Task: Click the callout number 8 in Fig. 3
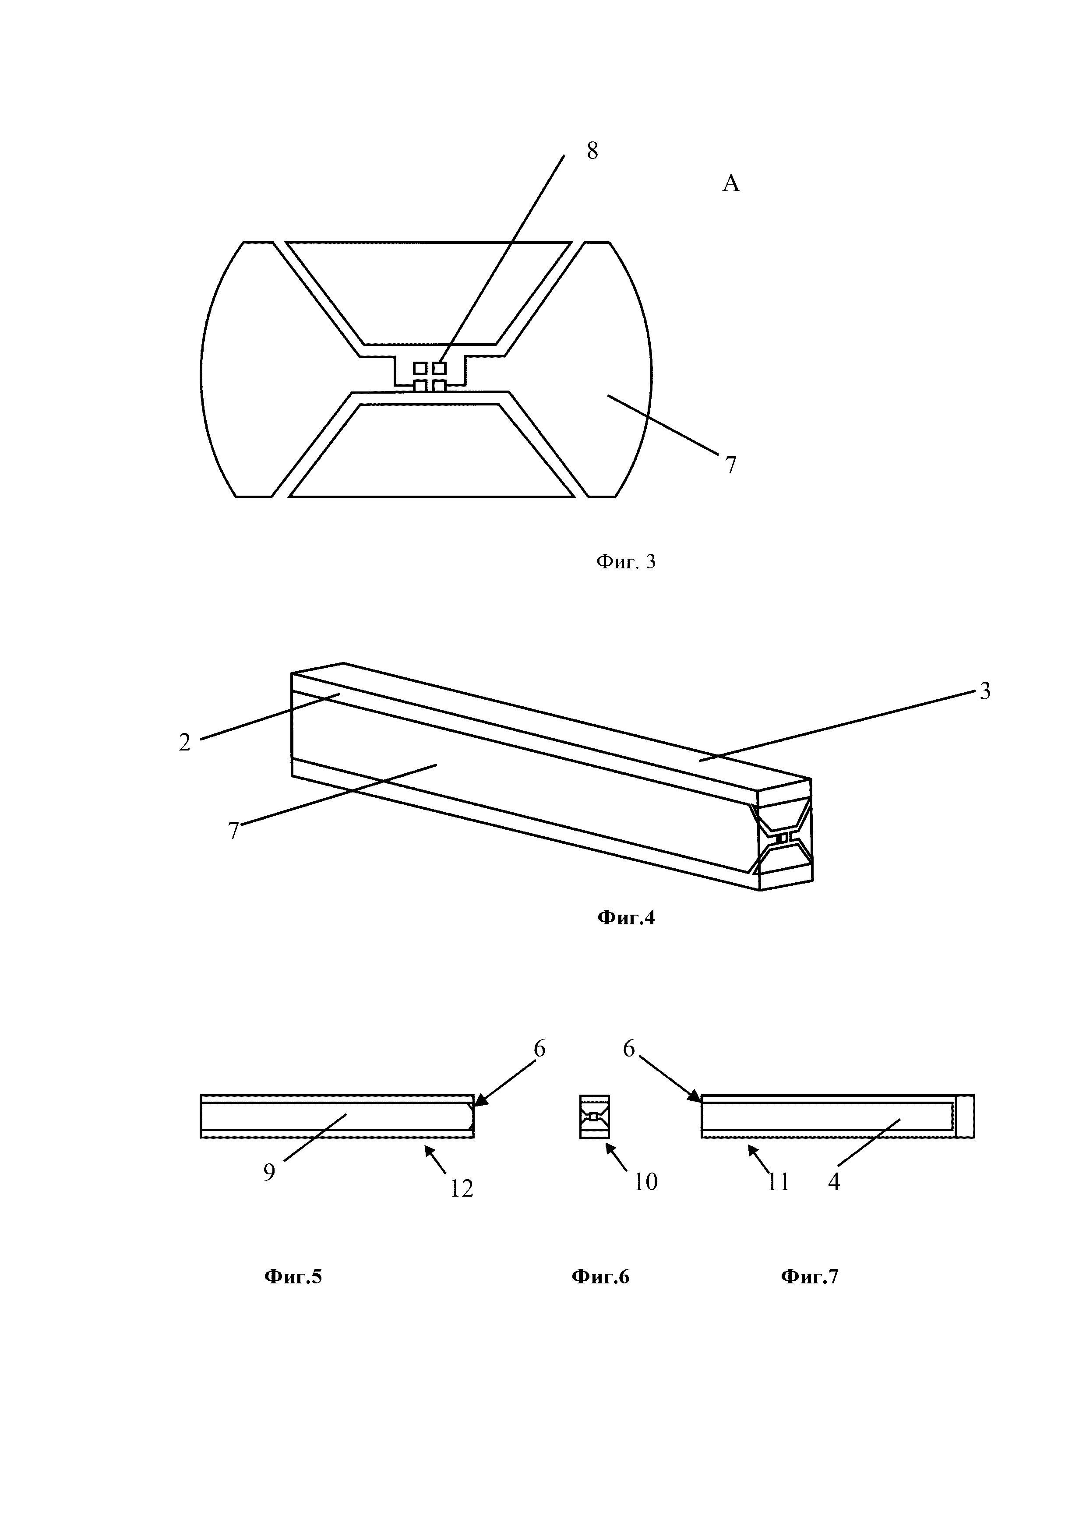click(x=592, y=151)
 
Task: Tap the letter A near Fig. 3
click(x=731, y=183)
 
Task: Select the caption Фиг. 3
click(x=626, y=562)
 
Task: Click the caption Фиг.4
click(x=626, y=918)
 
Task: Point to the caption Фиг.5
click(x=293, y=1277)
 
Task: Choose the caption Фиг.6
click(x=600, y=1277)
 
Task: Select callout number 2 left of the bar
click(x=185, y=743)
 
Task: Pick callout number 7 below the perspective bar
click(x=233, y=831)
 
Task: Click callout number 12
click(x=462, y=1188)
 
